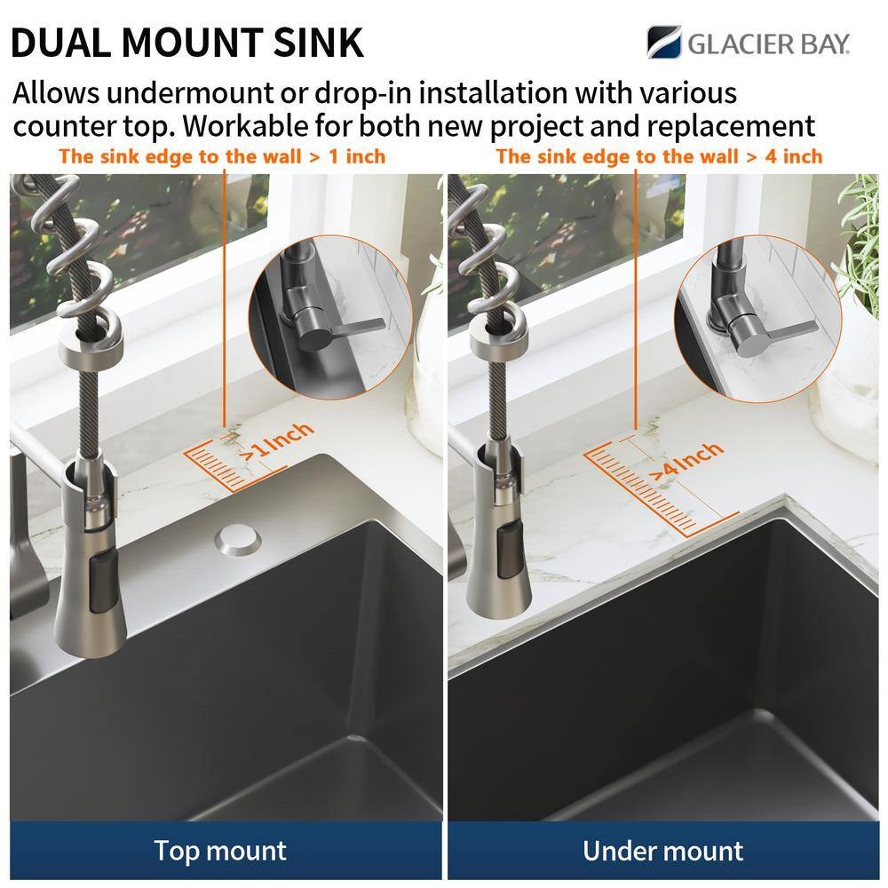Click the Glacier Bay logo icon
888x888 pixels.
pos(664,42)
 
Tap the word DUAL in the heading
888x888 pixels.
pos(60,43)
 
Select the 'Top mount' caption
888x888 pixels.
pos(220,851)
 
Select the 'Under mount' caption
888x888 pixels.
pos(662,851)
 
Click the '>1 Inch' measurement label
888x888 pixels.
pos(277,441)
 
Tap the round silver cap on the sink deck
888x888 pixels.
pos(237,540)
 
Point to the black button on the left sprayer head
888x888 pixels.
pos(101,583)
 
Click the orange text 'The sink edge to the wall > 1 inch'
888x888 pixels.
pos(222,156)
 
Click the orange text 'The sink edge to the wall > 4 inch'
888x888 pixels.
pos(659,156)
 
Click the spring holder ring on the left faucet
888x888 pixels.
pos(91,344)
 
